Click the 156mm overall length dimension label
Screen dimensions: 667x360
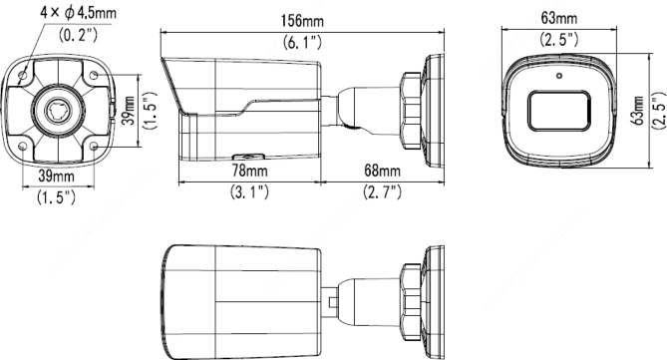click(x=302, y=20)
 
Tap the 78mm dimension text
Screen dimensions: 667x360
click(x=249, y=171)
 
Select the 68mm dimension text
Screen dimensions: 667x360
click(x=382, y=171)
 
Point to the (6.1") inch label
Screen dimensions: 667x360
click(x=302, y=42)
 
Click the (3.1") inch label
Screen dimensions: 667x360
click(x=249, y=191)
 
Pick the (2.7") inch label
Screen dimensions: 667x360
click(x=382, y=191)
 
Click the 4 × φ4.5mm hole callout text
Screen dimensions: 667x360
click(x=78, y=13)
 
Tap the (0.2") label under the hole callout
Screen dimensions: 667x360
click(x=78, y=35)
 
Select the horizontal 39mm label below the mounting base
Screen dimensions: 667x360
click(x=56, y=176)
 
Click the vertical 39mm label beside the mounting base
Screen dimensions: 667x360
click(x=130, y=111)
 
